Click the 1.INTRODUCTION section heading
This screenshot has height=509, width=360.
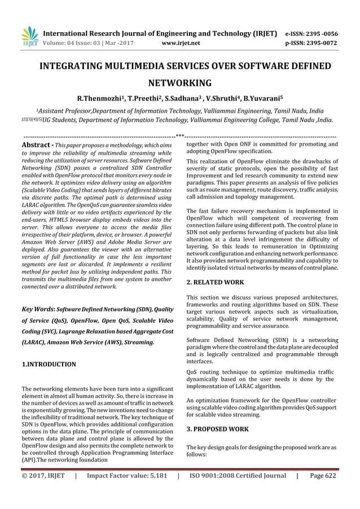tap(49, 365)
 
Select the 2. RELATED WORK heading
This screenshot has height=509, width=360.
tap(215, 282)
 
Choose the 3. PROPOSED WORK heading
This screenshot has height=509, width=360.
tap(217, 429)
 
